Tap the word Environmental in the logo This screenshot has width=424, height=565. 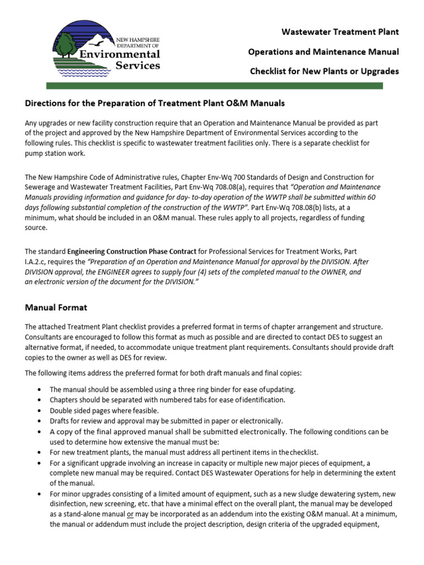pyautogui.click(x=120, y=54)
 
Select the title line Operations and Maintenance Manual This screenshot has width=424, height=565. pyautogui.click(x=324, y=52)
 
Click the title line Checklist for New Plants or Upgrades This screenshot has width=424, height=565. pyautogui.click(x=324, y=72)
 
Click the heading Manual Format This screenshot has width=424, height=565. pyautogui.click(x=56, y=307)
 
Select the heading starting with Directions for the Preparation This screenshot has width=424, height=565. pyautogui.click(x=155, y=103)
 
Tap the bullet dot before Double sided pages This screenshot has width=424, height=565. pyautogui.click(x=39, y=411)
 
